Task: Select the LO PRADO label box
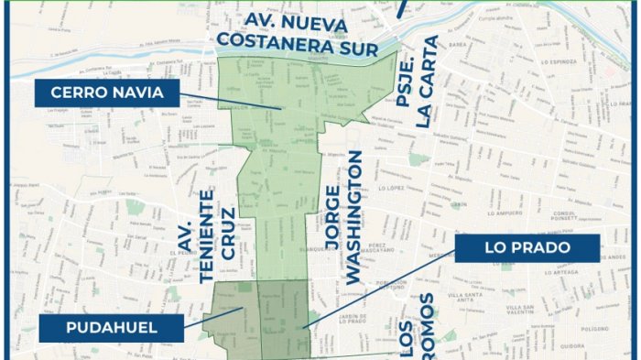pyautogui.click(x=527, y=247)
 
